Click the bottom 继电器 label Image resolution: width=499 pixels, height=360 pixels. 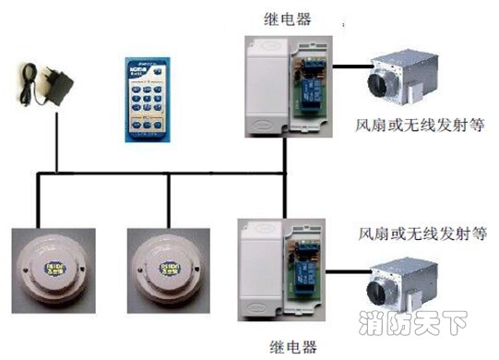click(293, 347)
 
